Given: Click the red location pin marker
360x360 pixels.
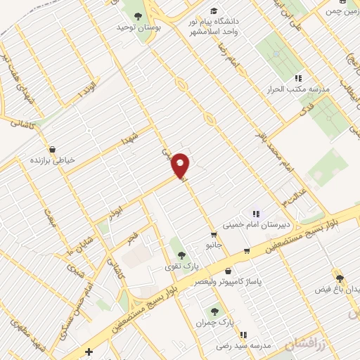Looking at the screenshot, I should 181,165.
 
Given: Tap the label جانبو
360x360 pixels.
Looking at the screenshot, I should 213,246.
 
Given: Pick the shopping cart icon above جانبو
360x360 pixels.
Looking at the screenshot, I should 213,235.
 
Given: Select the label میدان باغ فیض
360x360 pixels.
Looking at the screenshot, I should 339,289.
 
